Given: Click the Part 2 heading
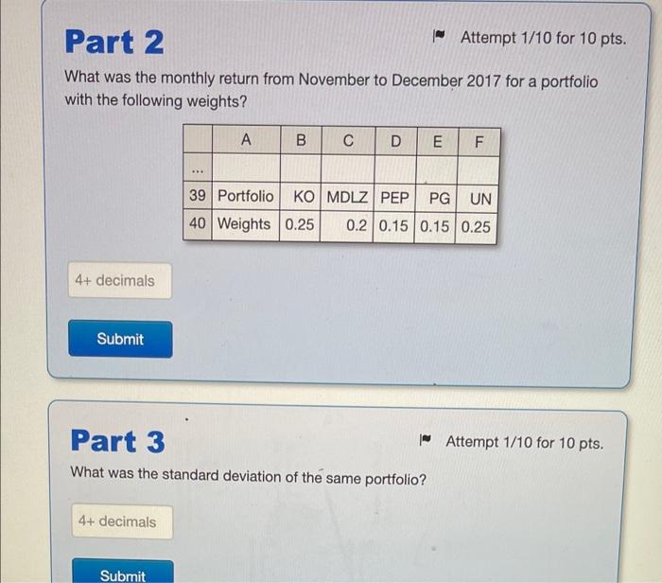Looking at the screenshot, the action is (114, 42).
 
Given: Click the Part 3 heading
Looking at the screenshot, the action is (118, 441).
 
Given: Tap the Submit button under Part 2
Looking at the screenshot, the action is (120, 339).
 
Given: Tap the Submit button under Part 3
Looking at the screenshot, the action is (123, 572).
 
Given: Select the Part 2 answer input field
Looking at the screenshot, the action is (120, 280).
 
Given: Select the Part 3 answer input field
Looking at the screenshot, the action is (122, 521).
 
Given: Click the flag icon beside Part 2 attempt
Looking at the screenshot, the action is (439, 36).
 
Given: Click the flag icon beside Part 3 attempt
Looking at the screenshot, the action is (426, 440).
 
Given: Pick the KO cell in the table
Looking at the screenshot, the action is (301, 197).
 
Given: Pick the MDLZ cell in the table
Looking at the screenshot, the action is (347, 197).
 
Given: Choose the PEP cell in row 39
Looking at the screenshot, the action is (394, 198).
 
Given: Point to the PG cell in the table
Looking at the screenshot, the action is (436, 198).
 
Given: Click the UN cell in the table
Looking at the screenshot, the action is (478, 199).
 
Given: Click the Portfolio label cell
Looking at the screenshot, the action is (246, 196).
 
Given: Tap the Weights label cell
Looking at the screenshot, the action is (245, 224).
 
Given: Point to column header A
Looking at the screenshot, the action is (246, 139).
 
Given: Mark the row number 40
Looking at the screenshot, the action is (198, 223).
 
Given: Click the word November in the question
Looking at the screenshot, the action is (334, 79).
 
